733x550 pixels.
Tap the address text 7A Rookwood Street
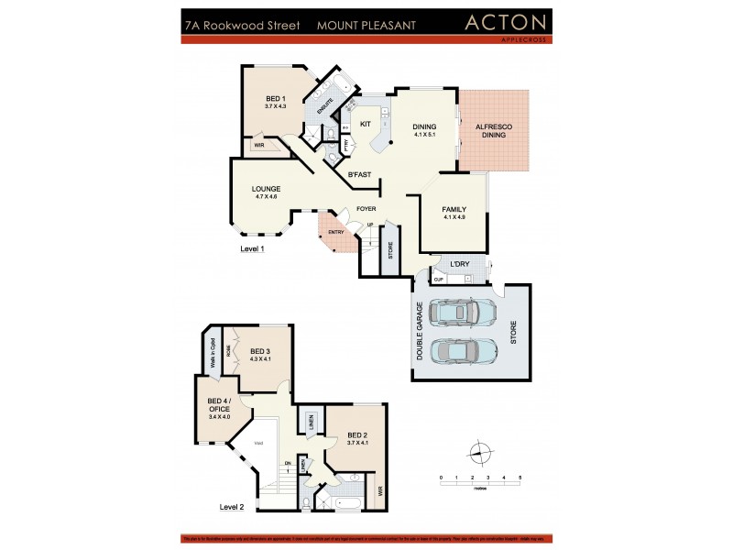click(242, 27)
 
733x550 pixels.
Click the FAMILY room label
click(454, 212)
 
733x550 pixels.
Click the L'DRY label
click(461, 266)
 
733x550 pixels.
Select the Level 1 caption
click(253, 248)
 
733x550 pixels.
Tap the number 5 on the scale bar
click(520, 478)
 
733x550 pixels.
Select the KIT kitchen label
click(365, 123)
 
